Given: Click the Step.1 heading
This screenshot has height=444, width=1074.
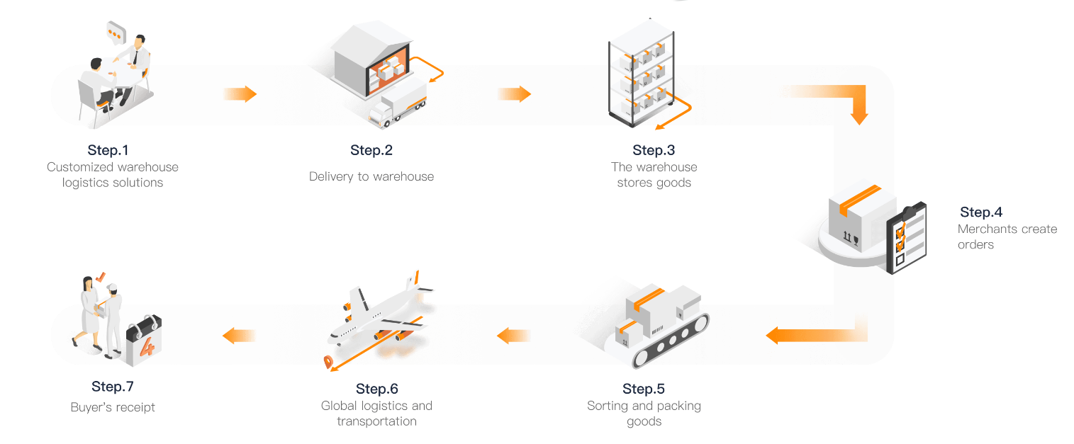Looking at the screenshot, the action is point(108,150).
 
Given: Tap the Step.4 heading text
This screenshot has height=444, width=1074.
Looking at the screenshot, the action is point(981,212).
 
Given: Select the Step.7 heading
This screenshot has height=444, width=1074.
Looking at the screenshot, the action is point(113,387).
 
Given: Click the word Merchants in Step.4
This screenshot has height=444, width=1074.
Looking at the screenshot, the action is point(985,229).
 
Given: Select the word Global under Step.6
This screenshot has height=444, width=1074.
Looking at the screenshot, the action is point(339,406).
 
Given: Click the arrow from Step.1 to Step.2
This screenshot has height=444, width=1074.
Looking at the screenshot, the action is point(240,94).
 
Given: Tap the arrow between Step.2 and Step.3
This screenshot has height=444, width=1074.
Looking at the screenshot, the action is point(515,94).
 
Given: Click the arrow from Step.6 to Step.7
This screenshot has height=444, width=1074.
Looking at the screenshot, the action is point(239,336).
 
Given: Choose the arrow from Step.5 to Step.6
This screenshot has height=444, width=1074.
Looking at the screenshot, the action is point(513,336).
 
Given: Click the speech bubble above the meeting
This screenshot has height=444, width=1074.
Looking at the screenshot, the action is point(116,33).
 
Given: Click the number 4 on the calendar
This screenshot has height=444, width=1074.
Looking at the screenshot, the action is point(147,347).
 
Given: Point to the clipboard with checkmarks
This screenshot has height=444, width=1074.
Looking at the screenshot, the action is point(906,238).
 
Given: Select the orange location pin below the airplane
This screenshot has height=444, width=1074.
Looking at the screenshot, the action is point(328,362).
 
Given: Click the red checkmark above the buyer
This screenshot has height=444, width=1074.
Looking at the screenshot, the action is point(100,277).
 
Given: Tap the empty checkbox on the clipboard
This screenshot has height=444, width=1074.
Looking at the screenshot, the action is point(900,259).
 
